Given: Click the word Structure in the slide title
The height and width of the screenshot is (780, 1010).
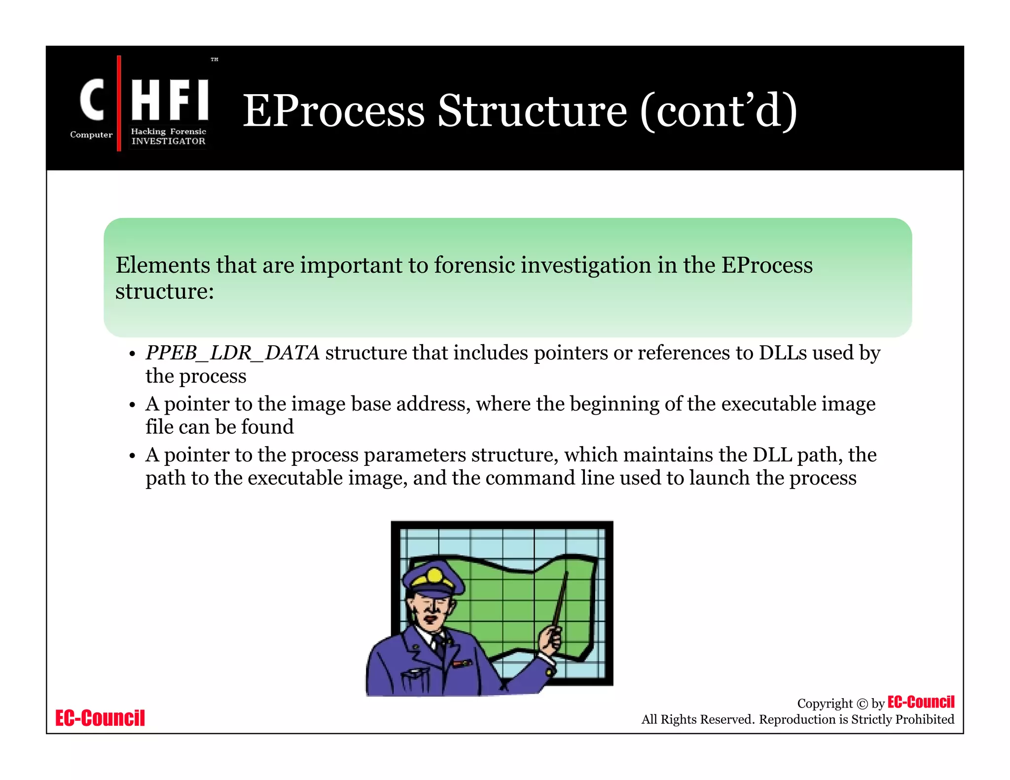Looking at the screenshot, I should [x=533, y=111].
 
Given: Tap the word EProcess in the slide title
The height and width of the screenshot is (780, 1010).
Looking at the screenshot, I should [x=333, y=111].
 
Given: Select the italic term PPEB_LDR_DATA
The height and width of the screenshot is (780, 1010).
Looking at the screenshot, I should [x=232, y=353].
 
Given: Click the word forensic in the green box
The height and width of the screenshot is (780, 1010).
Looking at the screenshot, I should [x=474, y=265].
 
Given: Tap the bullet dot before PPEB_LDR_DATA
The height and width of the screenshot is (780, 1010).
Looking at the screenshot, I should [x=132, y=355].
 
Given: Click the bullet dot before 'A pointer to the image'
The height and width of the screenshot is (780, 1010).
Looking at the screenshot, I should [x=132, y=405].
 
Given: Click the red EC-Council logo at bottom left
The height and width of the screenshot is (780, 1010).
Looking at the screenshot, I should [x=100, y=718].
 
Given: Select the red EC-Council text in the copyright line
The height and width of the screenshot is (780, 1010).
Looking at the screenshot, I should [x=921, y=702].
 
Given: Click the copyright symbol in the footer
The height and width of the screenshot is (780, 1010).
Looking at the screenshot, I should [x=862, y=704].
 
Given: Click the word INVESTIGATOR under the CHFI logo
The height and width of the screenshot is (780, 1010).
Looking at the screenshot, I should [x=168, y=141].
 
